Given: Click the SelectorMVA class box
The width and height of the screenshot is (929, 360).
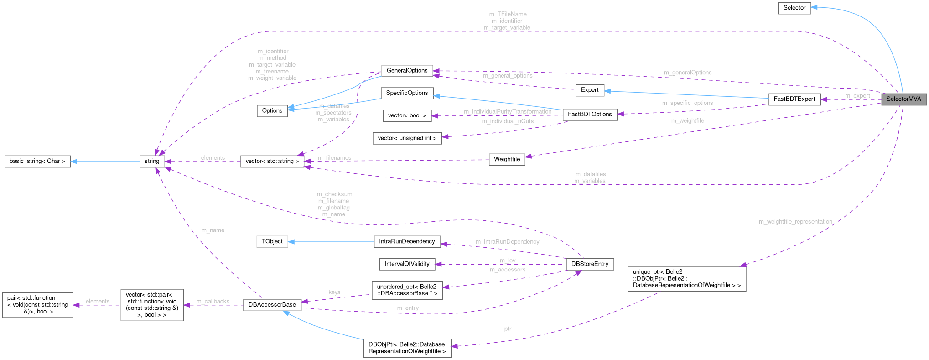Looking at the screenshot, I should click(x=903, y=99).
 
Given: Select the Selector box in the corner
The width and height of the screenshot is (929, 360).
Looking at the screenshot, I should click(x=794, y=8).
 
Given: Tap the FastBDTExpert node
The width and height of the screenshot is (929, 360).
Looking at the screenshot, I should click(x=794, y=99).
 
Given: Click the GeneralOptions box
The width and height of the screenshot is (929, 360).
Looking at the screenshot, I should click(x=407, y=71).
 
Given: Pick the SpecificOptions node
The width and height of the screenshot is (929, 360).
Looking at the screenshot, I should click(x=407, y=93).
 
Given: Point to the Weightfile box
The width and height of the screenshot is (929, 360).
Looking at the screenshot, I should click(x=507, y=159).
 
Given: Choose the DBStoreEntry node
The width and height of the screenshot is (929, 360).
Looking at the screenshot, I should click(x=590, y=264).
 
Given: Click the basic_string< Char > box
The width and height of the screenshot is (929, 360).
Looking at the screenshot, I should click(x=37, y=161).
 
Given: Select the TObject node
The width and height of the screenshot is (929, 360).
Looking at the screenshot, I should click(x=272, y=241).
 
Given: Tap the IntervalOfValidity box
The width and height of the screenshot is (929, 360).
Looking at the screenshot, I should click(x=407, y=264).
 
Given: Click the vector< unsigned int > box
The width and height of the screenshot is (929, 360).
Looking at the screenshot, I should click(x=407, y=138).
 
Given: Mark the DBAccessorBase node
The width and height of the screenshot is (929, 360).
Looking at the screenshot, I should click(x=272, y=305).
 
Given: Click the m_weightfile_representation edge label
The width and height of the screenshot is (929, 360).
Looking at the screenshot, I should click(x=795, y=222).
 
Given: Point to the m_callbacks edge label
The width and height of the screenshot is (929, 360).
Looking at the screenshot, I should click(x=213, y=302).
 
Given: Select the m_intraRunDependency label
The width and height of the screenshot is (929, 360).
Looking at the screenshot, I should click(x=507, y=242).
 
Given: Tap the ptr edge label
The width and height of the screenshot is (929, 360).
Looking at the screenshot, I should click(x=508, y=329).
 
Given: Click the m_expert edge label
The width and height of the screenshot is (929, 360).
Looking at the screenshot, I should click(x=857, y=96).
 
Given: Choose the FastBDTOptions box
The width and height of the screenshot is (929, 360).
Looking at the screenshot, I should click(x=590, y=115).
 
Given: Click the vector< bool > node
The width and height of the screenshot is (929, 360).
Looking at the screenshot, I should click(x=407, y=116).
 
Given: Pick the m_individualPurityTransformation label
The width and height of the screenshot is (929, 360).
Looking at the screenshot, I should click(x=508, y=112).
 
